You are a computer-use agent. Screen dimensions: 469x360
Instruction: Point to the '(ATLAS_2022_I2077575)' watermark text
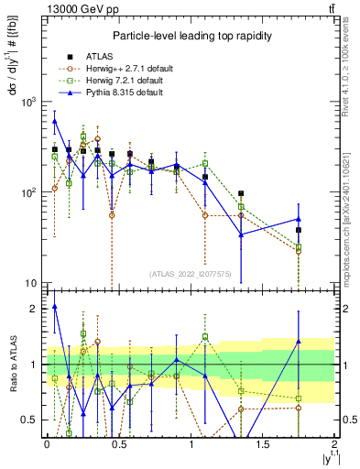coord(190,274)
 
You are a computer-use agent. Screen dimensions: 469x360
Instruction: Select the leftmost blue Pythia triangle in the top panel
coord(55,121)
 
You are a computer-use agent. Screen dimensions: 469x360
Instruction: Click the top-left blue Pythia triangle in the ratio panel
coord(55,307)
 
